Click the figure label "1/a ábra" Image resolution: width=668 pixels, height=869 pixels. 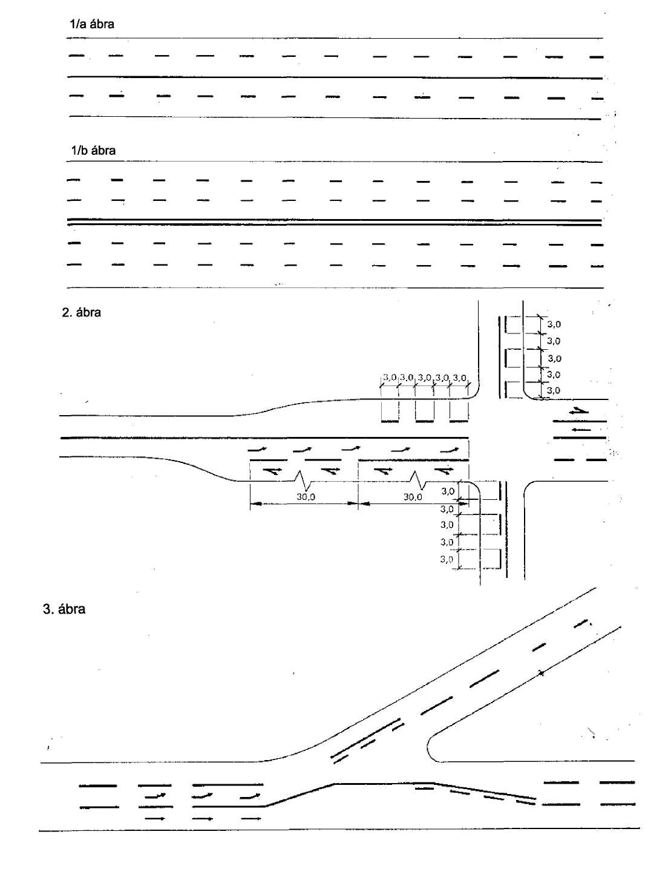click(x=91, y=24)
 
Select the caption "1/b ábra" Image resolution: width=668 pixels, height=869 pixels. click(x=93, y=151)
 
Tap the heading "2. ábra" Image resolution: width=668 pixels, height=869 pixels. click(x=82, y=312)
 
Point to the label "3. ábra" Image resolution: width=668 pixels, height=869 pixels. click(x=64, y=609)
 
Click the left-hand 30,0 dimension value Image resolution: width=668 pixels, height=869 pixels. click(x=306, y=497)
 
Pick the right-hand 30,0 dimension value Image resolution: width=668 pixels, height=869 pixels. click(x=413, y=497)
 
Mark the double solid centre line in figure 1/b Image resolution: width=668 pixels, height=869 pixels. click(x=334, y=222)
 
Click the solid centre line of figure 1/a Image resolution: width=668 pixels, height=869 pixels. click(x=335, y=77)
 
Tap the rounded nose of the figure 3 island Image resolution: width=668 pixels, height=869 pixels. click(x=428, y=746)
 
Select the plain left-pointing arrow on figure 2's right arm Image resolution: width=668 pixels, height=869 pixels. click(x=581, y=430)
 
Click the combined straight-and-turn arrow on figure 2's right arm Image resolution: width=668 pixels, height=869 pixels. click(x=579, y=411)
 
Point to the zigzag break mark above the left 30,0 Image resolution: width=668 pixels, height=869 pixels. click(x=304, y=479)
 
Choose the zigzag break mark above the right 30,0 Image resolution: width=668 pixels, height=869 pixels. click(x=416, y=479)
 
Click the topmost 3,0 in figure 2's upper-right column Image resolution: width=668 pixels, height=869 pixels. click(x=554, y=324)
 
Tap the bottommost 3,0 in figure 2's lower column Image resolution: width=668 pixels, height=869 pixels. click(x=447, y=559)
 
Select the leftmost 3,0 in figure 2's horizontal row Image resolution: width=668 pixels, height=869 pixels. click(x=390, y=377)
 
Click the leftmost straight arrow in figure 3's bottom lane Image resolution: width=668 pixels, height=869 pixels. click(x=155, y=819)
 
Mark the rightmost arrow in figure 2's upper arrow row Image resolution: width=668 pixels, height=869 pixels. click(x=449, y=450)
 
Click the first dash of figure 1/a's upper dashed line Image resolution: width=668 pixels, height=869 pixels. click(x=76, y=56)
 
